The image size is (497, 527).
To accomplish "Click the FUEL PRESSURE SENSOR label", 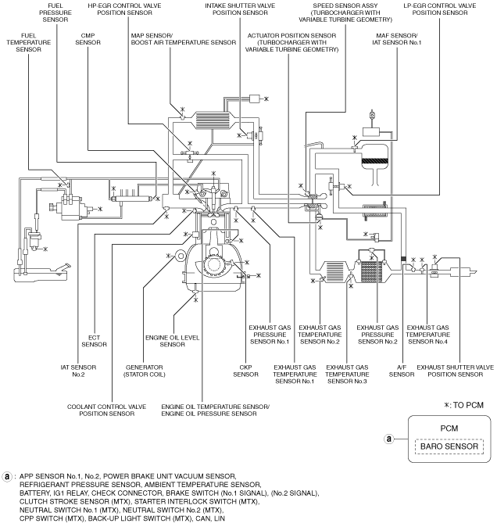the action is pyautogui.click(x=55, y=13).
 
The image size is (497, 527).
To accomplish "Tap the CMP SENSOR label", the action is pyautogui.click(x=88, y=39).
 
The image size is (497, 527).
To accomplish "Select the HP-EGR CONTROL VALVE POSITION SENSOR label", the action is pyautogui.click(x=124, y=9).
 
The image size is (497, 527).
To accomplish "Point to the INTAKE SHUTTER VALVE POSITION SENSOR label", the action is pyautogui.click(x=240, y=9).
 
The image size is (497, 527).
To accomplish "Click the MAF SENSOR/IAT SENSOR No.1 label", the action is pyautogui.click(x=397, y=39).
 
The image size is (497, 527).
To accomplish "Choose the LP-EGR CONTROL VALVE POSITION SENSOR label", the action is pyautogui.click(x=440, y=9).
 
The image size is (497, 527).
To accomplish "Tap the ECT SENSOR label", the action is pyautogui.click(x=94, y=341).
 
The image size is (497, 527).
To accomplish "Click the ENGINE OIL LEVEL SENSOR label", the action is pyautogui.click(x=172, y=341).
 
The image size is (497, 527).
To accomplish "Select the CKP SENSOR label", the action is pyautogui.click(x=246, y=371).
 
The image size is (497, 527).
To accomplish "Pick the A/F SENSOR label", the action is pyautogui.click(x=402, y=371).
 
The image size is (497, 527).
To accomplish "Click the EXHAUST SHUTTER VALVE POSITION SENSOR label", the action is pyautogui.click(x=456, y=371).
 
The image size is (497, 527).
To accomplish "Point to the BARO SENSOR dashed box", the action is pyautogui.click(x=449, y=446).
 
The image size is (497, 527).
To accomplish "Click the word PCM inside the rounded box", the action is pyautogui.click(x=449, y=428).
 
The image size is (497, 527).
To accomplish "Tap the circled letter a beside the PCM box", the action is pyautogui.click(x=389, y=439).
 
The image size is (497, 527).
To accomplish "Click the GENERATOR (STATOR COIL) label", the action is pyautogui.click(x=145, y=371).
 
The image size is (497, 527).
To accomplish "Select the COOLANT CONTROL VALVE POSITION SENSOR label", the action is pyautogui.click(x=107, y=410).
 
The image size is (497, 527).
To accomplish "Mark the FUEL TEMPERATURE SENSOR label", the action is pyautogui.click(x=29, y=42).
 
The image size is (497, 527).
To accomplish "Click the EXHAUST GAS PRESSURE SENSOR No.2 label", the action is pyautogui.click(x=377, y=335).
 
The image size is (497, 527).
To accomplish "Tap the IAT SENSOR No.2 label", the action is pyautogui.click(x=78, y=371).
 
